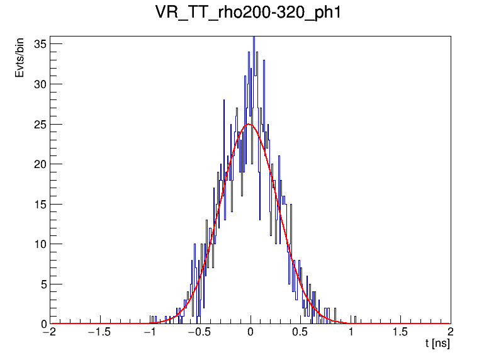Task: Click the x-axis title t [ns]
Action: (437, 344)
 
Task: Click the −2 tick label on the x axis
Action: (48, 332)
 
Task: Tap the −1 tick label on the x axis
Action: (149, 332)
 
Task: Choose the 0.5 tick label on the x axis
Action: (301, 332)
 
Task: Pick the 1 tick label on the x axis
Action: (351, 332)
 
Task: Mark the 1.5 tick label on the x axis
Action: (400, 332)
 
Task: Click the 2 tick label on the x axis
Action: (451, 332)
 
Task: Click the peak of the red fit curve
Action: (249, 124)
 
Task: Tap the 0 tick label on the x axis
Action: (250, 332)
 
